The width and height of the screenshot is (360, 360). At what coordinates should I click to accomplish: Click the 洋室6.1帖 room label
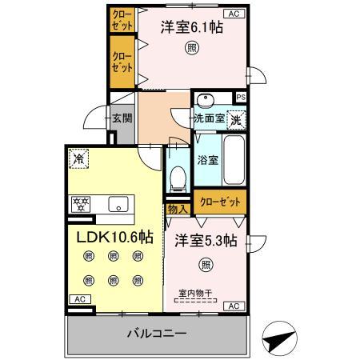tap(192, 27)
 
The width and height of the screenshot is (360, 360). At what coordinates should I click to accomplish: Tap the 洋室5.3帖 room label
tap(206, 241)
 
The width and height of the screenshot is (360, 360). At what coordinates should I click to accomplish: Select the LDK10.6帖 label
tap(115, 237)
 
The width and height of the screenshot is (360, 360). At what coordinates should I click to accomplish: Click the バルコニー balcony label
tap(157, 334)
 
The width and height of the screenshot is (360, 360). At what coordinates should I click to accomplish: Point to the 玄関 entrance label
tap(122, 118)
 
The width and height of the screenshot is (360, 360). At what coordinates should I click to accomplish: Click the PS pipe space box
tap(241, 98)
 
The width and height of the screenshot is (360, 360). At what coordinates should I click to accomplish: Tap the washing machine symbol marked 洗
tap(236, 120)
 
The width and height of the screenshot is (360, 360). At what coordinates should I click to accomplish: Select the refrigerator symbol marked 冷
tap(79, 159)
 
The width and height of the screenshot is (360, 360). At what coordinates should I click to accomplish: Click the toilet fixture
tap(178, 179)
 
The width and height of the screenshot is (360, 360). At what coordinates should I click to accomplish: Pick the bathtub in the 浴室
tap(234, 160)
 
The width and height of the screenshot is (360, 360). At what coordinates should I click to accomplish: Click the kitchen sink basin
tap(118, 204)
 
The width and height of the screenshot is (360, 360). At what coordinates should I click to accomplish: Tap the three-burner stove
tap(81, 204)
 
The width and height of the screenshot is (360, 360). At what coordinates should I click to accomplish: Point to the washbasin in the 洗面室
tap(206, 100)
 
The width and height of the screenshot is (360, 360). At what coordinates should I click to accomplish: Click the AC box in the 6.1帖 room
tap(234, 14)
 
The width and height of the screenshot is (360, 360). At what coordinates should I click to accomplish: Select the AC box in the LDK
tap(80, 299)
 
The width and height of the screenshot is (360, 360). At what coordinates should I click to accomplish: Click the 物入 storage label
tap(178, 210)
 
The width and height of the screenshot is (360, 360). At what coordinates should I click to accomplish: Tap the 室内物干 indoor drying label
tap(195, 294)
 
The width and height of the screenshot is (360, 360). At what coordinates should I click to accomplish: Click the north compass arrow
tap(279, 338)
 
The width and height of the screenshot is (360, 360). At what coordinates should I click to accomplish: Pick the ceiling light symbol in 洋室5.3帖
tap(206, 265)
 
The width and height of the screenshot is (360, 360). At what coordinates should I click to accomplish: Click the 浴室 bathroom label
tap(208, 160)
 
